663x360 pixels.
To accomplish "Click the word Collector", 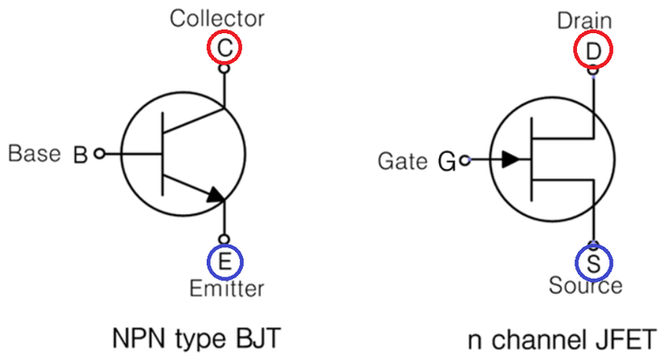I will (219, 18).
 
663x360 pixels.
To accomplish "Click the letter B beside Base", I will (80, 156).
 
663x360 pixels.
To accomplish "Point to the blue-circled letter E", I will (224, 261).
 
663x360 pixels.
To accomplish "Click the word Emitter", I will (227, 288).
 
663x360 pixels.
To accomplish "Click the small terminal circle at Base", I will (99, 154).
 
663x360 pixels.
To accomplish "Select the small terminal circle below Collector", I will (223, 68).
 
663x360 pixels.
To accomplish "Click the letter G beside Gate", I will (447, 162).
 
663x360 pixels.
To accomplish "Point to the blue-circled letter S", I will (593, 262).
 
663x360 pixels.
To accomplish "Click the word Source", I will (586, 286).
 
